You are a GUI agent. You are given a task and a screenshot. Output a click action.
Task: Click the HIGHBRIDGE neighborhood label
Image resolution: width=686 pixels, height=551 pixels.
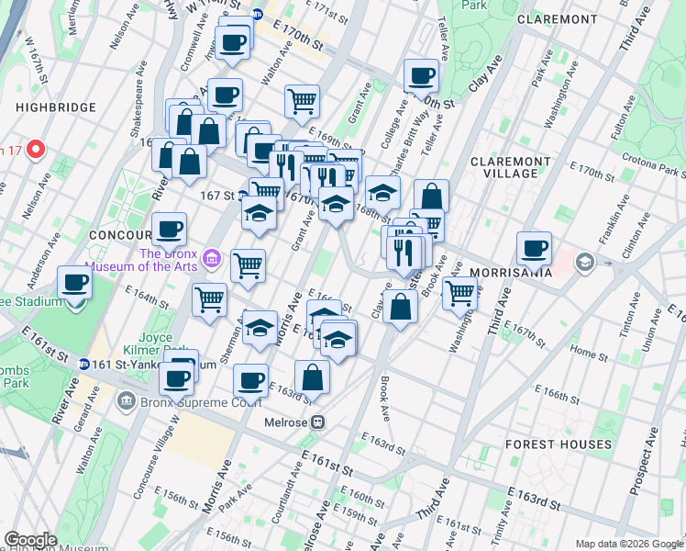pyautogui.click(x=54, y=107)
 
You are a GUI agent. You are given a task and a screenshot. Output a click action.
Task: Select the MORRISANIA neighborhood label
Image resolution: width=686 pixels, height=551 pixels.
pyautogui.click(x=510, y=273)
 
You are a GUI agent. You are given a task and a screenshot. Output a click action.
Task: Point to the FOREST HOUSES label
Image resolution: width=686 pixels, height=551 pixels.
pyautogui.click(x=559, y=444)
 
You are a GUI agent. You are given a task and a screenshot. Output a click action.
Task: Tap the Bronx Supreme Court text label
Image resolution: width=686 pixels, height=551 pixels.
pyautogui.click(x=201, y=400)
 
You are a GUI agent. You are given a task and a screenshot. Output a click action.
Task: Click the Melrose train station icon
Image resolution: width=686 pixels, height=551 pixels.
pyautogui.click(x=317, y=422)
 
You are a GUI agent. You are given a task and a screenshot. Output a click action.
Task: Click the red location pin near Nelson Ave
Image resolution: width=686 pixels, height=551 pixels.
pyautogui.click(x=36, y=149)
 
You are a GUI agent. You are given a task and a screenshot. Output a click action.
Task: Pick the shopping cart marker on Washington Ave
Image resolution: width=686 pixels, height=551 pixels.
pyautogui.click(x=459, y=294)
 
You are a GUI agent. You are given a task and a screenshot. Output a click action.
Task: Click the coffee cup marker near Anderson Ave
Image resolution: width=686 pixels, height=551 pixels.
pyautogui.click(x=74, y=283)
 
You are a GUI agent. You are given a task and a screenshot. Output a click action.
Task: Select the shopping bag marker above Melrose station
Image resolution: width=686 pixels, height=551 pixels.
pyautogui.click(x=313, y=377)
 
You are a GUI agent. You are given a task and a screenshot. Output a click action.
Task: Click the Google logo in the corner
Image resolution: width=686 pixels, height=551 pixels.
pyautogui.click(x=30, y=540)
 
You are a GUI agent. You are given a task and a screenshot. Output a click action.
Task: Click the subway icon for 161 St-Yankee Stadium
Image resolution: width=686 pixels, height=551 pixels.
pyautogui.click(x=83, y=365)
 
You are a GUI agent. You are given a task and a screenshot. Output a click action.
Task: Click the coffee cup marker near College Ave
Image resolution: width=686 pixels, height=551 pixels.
pyautogui.click(x=422, y=77)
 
